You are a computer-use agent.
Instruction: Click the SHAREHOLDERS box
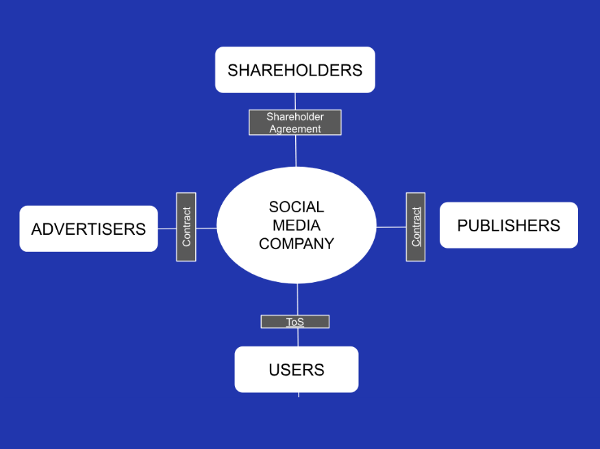[295, 70]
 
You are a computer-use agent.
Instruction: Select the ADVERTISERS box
[88, 229]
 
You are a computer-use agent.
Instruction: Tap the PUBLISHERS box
[508, 225]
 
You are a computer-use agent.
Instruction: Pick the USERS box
[296, 370]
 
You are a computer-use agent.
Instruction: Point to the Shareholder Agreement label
[295, 123]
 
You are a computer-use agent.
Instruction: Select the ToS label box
[295, 322]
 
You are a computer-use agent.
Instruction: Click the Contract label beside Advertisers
[186, 227]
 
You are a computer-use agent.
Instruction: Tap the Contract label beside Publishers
[416, 227]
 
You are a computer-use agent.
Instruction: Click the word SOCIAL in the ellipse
[297, 207]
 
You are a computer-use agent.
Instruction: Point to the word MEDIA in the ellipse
[297, 225]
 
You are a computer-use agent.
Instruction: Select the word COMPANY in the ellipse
[297, 244]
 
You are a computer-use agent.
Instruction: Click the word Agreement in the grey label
[295, 129]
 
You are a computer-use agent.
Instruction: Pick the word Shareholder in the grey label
[295, 116]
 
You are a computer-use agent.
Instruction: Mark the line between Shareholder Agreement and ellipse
[296, 151]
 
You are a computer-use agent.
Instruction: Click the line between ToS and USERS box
[298, 337]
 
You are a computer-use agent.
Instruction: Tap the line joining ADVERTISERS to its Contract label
[167, 229]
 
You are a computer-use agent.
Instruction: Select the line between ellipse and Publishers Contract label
[391, 227]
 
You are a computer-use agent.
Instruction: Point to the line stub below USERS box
[299, 394]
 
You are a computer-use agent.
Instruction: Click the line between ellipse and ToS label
[298, 299]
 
